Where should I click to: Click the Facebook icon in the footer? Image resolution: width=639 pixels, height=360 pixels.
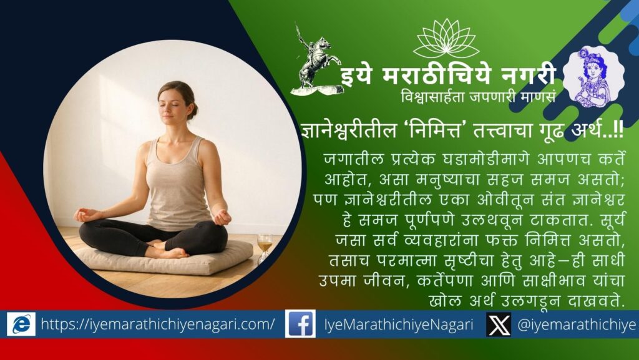(299, 324)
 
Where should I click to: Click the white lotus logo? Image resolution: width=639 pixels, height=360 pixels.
(446, 39)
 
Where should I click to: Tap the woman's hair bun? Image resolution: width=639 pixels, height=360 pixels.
(194, 110)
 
